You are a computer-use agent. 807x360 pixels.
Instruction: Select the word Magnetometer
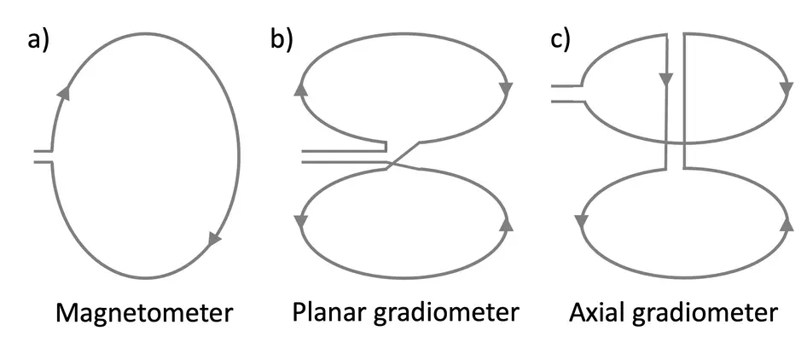pos(143,313)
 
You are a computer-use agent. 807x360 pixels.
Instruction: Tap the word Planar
pos(331,313)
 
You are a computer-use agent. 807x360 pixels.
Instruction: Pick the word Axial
pos(597,313)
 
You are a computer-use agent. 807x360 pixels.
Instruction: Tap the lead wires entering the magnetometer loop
pos(43,155)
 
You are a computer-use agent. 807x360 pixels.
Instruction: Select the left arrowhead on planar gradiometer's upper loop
pos(300,87)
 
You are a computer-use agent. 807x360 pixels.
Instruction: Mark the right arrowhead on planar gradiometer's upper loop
pos(508,87)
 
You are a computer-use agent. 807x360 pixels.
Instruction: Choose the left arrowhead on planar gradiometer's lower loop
pos(300,223)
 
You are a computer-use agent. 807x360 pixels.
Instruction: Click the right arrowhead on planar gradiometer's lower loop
pos(508,223)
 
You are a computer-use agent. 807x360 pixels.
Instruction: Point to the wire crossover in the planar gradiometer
pos(393,161)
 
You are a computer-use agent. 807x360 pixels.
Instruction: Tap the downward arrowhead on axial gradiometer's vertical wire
pos(665,79)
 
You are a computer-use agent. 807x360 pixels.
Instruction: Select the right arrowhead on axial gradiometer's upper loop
pos(787,87)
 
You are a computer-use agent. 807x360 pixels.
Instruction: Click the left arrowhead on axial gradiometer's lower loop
pos(581,222)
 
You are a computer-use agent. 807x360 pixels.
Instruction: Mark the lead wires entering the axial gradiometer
pos(566,93)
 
